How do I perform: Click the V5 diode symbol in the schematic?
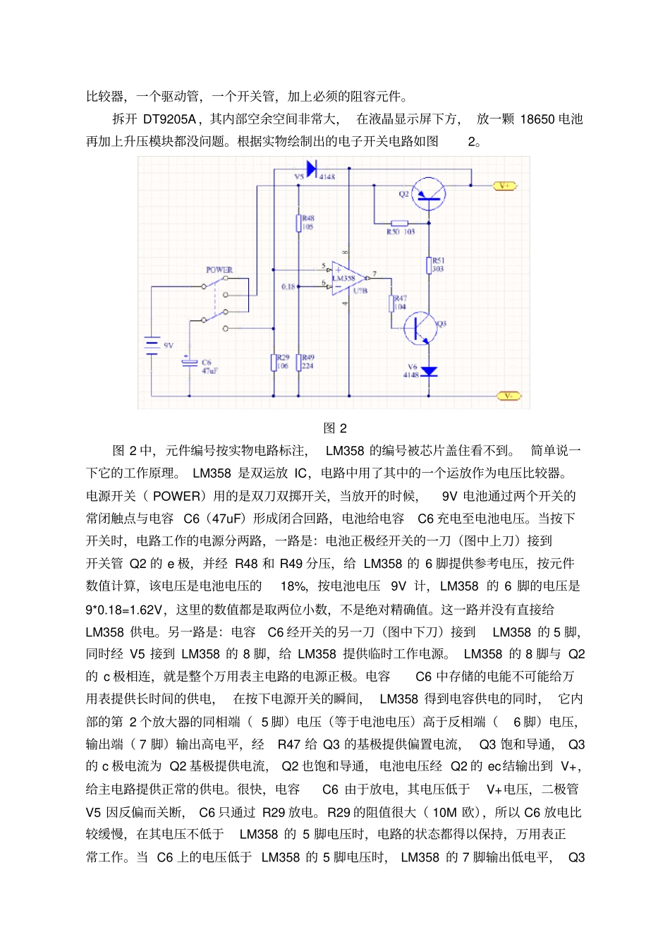[311, 169]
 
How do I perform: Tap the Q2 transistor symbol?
[427, 193]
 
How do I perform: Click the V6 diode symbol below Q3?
[428, 371]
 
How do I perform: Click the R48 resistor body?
[299, 223]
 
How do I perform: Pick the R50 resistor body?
[400, 223]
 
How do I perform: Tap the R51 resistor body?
[429, 265]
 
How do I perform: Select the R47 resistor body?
[391, 303]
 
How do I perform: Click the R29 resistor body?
[274, 363]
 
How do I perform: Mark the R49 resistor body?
[299, 363]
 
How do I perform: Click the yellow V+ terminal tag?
[505, 186]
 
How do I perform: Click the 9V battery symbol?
[152, 345]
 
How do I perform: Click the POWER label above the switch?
[219, 270]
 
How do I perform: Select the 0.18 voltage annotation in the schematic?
[288, 286]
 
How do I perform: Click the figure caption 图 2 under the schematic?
[335, 428]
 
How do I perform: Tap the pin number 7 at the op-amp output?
[374, 273]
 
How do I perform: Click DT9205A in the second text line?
[169, 119]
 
